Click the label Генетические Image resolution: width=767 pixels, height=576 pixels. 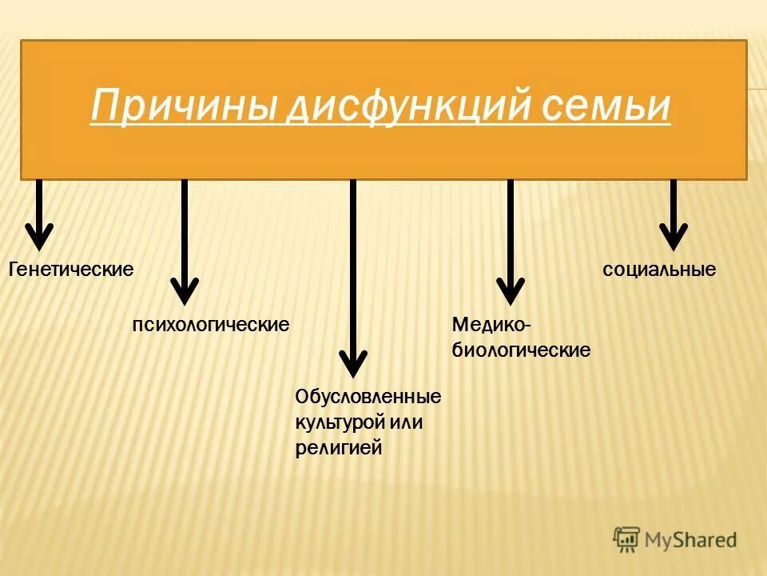point(70,269)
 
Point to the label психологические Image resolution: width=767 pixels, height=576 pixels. point(210,325)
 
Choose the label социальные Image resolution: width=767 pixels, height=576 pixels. point(659,270)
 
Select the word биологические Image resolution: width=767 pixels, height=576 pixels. point(522,350)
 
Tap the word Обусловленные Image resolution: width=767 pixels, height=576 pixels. point(368,396)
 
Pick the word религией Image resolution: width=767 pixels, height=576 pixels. point(339,447)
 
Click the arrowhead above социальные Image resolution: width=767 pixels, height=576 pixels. point(673,238)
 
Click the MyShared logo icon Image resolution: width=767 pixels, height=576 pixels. point(627,540)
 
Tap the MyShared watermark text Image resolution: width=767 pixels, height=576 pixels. point(691,541)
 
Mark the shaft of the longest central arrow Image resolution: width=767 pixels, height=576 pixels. point(353,264)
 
